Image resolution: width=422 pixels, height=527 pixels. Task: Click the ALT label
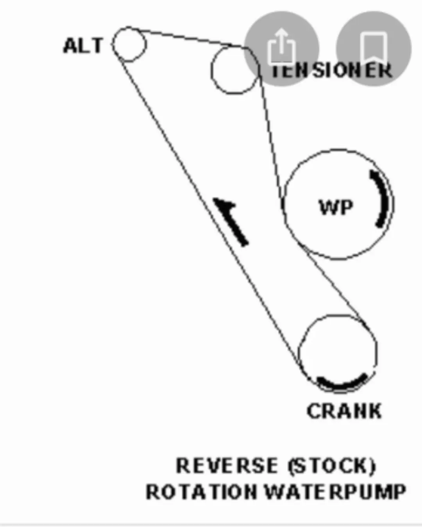tap(83, 46)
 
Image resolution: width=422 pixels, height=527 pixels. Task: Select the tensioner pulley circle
tap(211, 70)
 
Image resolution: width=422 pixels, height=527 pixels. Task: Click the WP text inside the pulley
tap(336, 207)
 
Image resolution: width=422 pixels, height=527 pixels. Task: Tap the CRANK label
tap(344, 411)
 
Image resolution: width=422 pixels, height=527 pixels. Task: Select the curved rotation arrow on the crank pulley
tap(341, 385)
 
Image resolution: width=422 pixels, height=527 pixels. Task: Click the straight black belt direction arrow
tap(231, 222)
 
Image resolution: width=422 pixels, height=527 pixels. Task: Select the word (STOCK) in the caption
tap(332, 466)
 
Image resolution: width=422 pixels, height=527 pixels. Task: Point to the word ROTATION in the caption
tap(201, 492)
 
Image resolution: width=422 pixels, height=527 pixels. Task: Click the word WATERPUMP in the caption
tap(335, 492)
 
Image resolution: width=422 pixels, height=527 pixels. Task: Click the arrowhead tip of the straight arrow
tap(213, 198)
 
